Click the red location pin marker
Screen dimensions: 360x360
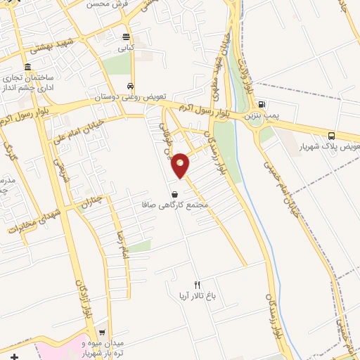pos(181,165)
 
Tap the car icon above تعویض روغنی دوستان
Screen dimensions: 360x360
pos(130,86)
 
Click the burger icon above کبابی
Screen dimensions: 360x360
pos(126,37)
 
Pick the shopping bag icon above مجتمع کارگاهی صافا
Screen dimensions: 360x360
pos(174,193)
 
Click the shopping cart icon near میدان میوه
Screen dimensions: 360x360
pos(103,333)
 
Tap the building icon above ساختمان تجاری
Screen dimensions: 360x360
pos(27,67)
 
